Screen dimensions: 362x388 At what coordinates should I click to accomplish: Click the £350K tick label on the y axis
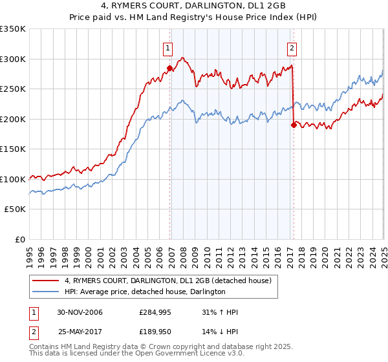pos(13,29)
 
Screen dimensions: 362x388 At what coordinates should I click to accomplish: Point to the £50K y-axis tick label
pos(15,209)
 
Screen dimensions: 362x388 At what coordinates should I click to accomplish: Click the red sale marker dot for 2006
pos(170,68)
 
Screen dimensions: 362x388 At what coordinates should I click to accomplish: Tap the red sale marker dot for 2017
pos(294,125)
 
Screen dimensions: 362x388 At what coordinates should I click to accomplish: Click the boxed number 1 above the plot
pos(167,47)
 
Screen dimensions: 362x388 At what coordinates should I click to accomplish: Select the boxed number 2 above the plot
pos(292,47)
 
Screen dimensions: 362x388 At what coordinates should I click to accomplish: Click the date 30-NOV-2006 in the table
pos(80,312)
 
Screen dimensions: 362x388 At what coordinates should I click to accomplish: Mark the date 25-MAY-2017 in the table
pos(80,332)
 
